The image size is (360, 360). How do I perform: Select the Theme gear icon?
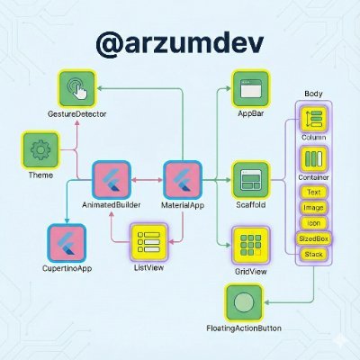coord(39,149)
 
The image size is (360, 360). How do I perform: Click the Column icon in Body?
coord(314,117)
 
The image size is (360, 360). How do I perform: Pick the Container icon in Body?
coord(314,159)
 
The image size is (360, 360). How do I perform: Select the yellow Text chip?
coord(313,193)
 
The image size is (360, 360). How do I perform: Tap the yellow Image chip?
coord(313,208)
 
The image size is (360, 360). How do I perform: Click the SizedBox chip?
coord(313,239)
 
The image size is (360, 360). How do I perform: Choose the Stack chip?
coord(313,255)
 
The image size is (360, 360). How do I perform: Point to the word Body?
coord(313,94)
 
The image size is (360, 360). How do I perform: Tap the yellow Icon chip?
coord(313,223)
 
